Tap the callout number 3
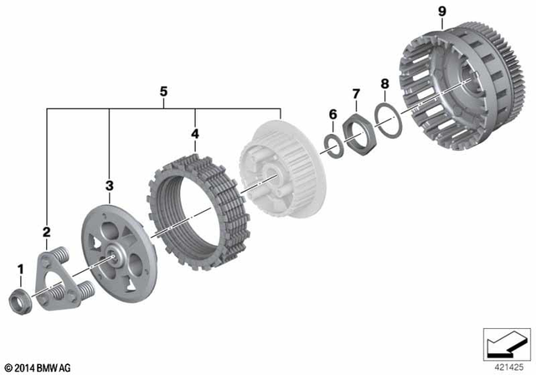[109, 183]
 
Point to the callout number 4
[194, 133]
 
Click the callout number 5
[163, 91]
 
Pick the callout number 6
[332, 114]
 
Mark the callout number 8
[384, 84]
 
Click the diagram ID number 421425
[504, 366]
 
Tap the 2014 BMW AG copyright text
[37, 367]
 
